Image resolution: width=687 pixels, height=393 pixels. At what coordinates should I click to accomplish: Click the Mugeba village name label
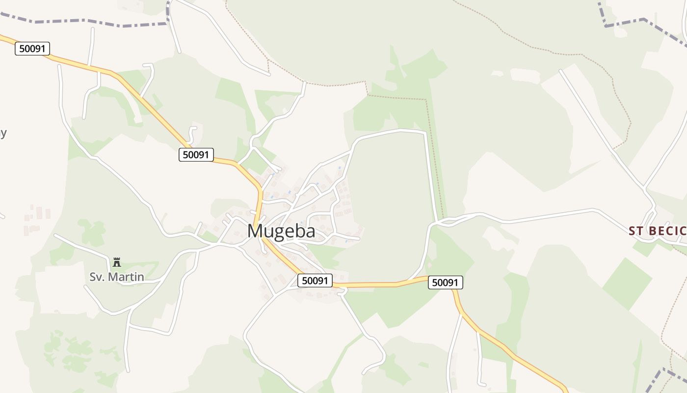[x=281, y=231]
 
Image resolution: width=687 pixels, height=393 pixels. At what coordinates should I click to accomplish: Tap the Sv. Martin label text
[x=117, y=277]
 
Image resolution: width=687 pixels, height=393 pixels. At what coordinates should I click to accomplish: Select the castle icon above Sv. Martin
[x=117, y=262]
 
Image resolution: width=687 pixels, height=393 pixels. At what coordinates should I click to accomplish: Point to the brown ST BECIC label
[x=658, y=231]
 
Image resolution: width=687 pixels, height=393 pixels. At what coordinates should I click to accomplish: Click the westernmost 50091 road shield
[x=32, y=49]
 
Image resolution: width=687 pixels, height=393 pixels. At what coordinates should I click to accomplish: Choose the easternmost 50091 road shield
[x=446, y=282]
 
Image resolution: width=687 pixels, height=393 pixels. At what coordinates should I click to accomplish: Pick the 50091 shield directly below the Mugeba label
[x=315, y=281]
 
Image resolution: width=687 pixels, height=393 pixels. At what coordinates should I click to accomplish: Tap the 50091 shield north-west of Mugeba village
[x=196, y=155]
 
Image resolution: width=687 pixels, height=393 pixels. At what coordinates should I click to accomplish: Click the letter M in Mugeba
[x=256, y=231]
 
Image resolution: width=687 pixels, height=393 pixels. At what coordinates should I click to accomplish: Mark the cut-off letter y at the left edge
[x=2, y=133]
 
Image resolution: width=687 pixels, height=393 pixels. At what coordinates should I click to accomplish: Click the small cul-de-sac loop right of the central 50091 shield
[x=343, y=292]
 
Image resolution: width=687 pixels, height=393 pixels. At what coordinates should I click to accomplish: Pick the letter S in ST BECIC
[x=633, y=231]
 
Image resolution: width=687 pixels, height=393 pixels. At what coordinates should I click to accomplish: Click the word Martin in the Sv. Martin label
[x=126, y=277]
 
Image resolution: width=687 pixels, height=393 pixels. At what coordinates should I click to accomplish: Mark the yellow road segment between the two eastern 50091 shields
[x=388, y=284]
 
